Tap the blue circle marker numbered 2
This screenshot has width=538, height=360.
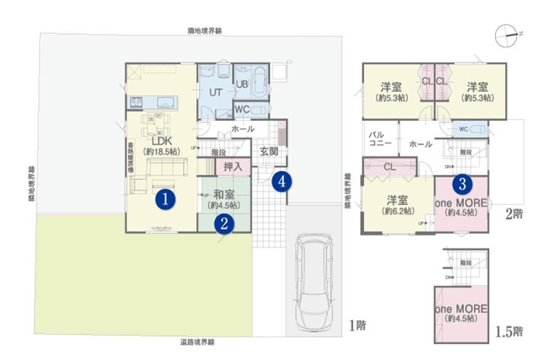[224, 224]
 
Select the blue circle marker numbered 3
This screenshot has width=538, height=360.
[463, 183]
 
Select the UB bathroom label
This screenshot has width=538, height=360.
[242, 84]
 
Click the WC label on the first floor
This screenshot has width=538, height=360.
[243, 109]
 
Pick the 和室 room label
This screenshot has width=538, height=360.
[224, 195]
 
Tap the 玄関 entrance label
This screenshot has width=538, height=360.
[269, 152]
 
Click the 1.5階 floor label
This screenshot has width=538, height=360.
[509, 332]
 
